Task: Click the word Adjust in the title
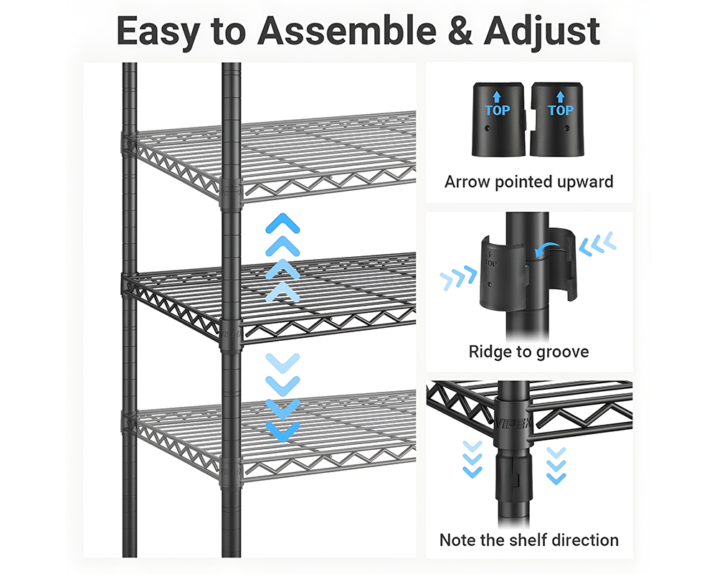[x=543, y=32]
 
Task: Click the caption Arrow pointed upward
[x=529, y=182]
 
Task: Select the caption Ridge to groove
[x=529, y=352]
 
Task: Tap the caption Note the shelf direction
[x=529, y=540]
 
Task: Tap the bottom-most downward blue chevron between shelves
[x=282, y=431]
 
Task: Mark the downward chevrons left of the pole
[x=472, y=458]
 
